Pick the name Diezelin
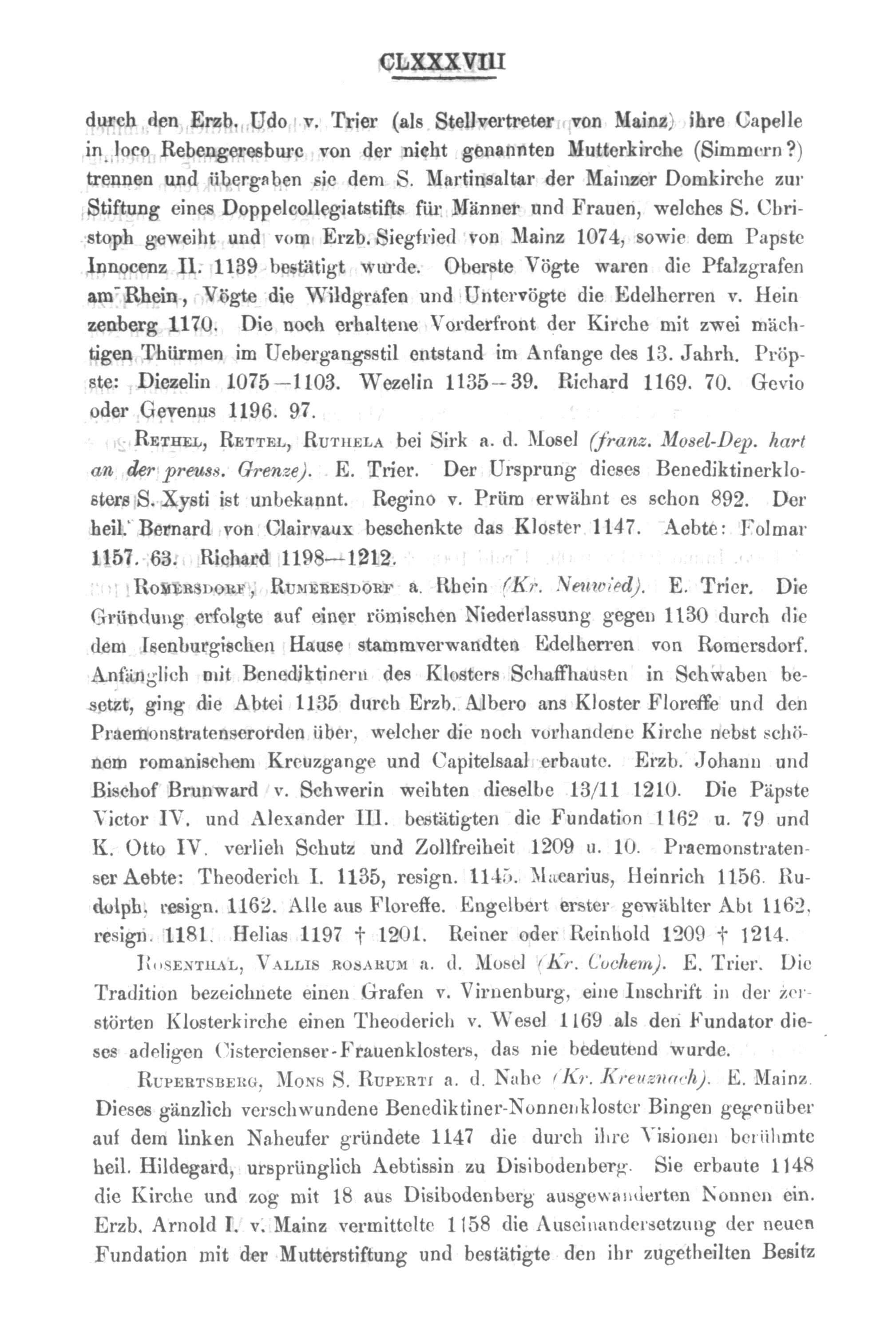point(174,382)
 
